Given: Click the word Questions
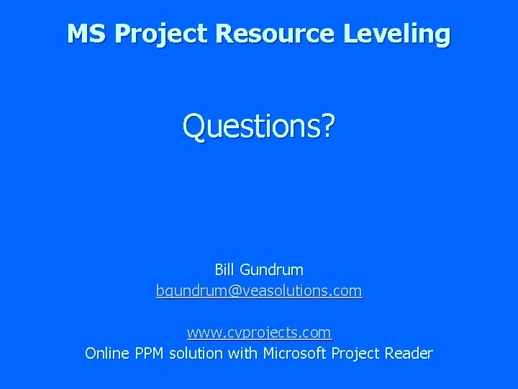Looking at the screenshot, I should click(x=251, y=126).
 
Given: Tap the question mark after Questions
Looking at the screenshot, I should click(x=328, y=126).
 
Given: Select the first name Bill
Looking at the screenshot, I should click(x=225, y=270).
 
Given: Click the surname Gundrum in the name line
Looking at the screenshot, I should click(x=272, y=270).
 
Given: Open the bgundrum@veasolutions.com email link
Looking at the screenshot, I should click(x=259, y=291).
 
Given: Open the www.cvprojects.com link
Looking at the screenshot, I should click(x=259, y=333).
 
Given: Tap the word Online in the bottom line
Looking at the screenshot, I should click(x=107, y=353).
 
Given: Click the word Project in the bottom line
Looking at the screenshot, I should click(x=359, y=353).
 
